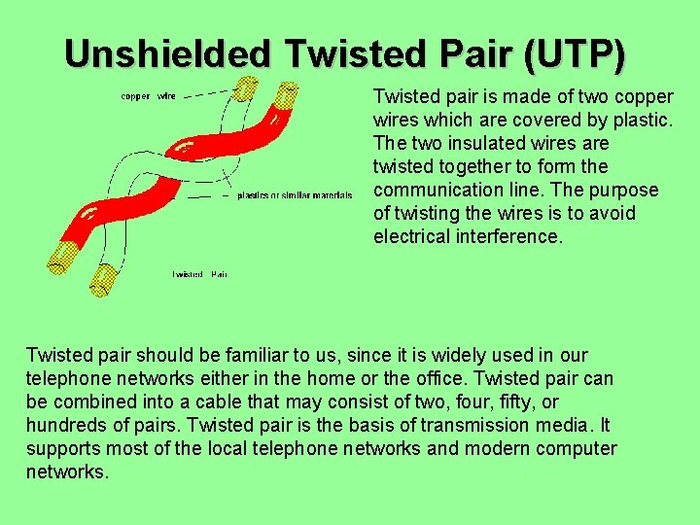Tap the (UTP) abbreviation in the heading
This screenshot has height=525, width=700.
[575, 53]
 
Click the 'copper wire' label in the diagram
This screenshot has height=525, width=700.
[148, 96]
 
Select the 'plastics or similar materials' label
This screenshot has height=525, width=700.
[295, 195]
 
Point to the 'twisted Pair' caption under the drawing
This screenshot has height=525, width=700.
[199, 274]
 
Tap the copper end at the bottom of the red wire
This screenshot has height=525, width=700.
[62, 256]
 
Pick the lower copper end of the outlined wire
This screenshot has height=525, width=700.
[102, 279]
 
